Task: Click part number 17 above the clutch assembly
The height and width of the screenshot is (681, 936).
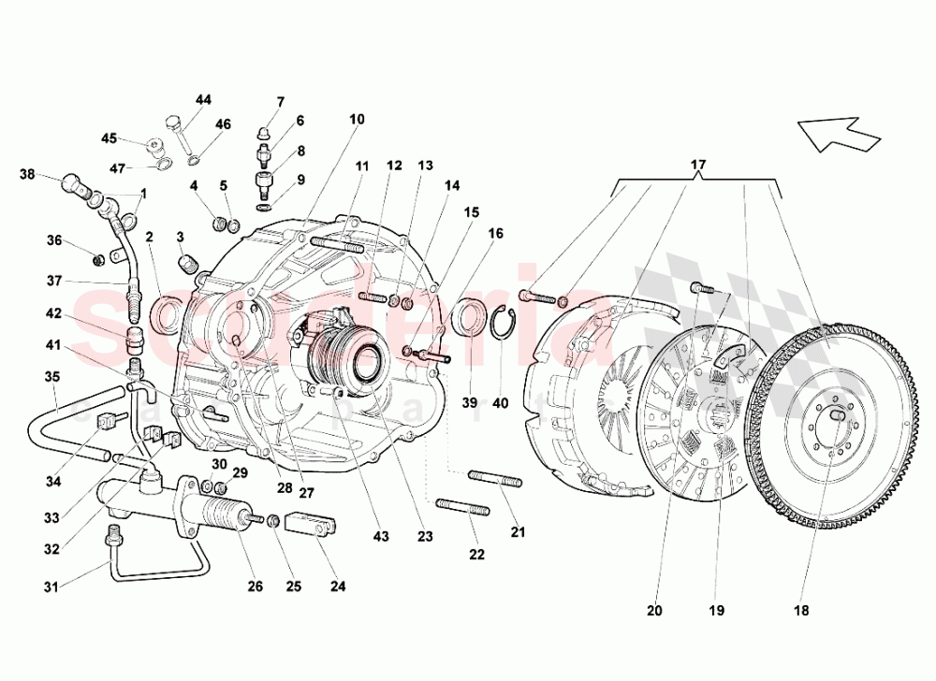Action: pyautogui.click(x=698, y=166)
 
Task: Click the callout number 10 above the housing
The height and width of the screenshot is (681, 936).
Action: pyautogui.click(x=358, y=119)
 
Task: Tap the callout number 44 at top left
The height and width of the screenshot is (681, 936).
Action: pyautogui.click(x=203, y=100)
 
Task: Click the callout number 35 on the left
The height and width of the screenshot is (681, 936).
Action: pyautogui.click(x=51, y=377)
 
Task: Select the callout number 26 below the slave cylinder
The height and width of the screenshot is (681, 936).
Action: pyautogui.click(x=256, y=587)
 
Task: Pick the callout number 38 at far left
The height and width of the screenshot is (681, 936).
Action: pyautogui.click(x=27, y=174)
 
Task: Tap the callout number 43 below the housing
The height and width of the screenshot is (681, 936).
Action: pyautogui.click(x=380, y=537)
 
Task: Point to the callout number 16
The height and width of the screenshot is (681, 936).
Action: pyautogui.click(x=495, y=233)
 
